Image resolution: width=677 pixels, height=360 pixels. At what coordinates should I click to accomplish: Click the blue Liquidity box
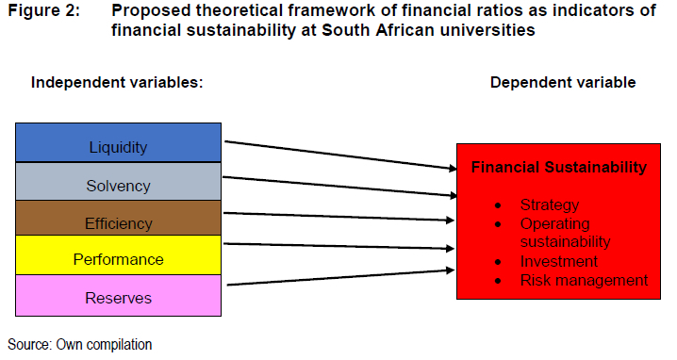point(118,142)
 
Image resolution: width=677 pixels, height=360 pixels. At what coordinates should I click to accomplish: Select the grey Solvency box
point(118,181)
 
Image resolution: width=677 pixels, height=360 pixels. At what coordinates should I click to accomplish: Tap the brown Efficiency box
point(118,218)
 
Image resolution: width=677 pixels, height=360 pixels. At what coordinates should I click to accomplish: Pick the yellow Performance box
point(118,255)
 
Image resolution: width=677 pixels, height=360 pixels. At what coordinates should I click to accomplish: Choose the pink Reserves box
point(118,296)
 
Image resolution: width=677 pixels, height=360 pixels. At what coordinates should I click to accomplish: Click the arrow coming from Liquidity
point(340,155)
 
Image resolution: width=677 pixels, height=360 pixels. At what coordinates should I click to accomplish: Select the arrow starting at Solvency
point(339,187)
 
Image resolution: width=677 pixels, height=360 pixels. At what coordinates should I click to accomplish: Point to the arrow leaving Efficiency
point(338,217)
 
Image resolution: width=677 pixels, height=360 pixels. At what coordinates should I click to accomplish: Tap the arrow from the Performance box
point(338,247)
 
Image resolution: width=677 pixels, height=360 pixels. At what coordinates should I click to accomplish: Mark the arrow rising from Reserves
point(340,278)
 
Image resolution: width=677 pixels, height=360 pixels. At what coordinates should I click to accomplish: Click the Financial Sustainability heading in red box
point(559,167)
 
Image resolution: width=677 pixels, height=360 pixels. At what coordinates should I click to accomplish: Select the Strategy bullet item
point(549,205)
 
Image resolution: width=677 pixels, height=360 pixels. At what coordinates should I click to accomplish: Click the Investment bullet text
point(559,261)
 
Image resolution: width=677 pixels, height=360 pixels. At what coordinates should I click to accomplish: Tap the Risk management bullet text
point(584,280)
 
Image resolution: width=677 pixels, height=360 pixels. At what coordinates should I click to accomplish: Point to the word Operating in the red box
point(554,224)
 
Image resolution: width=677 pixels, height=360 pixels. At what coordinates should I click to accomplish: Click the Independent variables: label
point(117,82)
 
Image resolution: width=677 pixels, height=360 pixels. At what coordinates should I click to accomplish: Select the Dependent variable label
point(563,82)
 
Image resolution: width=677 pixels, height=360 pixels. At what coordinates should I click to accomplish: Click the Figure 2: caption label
point(44,10)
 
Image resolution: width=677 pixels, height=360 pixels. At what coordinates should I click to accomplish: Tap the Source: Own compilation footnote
point(80,345)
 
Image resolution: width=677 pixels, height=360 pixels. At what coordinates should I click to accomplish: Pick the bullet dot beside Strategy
point(498,205)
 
